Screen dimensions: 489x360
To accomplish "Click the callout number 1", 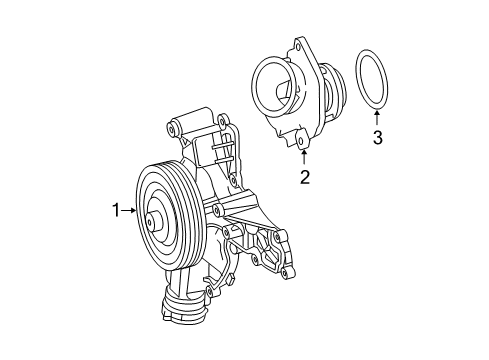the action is point(115,210).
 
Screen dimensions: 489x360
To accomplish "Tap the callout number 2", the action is point(305,177).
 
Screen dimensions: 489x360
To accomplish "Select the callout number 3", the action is point(377,138).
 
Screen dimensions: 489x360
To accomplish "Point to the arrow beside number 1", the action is point(128,210).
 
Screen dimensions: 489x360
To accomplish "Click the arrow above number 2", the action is point(304,157).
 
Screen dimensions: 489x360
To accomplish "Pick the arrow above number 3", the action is point(377,118).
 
